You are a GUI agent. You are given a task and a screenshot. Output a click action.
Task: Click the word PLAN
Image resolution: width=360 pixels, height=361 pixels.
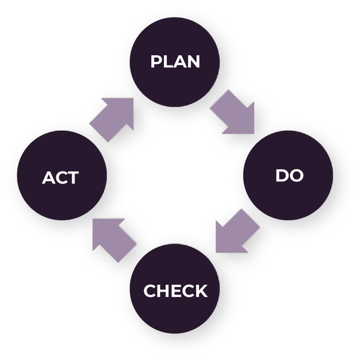pyautogui.click(x=175, y=62)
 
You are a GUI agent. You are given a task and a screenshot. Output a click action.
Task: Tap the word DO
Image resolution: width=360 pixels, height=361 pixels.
pyautogui.click(x=289, y=175)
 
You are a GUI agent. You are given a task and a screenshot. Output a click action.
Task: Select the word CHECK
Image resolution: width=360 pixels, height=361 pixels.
pyautogui.click(x=175, y=291)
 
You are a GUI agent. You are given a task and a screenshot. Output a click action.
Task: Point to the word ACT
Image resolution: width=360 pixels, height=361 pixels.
pyautogui.click(x=60, y=178)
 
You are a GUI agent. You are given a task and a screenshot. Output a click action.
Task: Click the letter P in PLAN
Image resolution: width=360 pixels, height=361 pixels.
pyautogui.click(x=156, y=62)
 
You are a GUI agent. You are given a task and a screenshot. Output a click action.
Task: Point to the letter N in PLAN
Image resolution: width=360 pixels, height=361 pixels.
pyautogui.click(x=193, y=62)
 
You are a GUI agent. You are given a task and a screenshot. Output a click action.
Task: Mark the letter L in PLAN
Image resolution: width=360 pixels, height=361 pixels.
pyautogui.click(x=167, y=62)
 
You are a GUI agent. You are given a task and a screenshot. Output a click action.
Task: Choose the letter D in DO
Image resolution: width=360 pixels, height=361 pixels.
pyautogui.click(x=282, y=175)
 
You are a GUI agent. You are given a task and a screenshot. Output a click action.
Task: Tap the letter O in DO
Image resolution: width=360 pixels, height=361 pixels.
pyautogui.click(x=296, y=175)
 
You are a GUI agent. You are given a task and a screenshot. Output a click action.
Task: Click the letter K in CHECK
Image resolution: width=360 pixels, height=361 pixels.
pyautogui.click(x=201, y=291)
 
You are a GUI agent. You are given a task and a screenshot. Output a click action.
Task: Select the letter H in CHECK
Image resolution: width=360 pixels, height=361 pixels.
pyautogui.click(x=162, y=291)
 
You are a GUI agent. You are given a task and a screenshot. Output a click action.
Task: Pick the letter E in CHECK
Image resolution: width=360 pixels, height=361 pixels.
pyautogui.click(x=174, y=291)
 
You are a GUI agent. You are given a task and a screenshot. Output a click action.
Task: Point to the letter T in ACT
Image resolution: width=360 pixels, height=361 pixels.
pyautogui.click(x=72, y=178)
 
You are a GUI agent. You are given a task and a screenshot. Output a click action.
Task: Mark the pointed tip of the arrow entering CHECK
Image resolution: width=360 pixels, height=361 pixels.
pyautogui.click(x=217, y=251)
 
